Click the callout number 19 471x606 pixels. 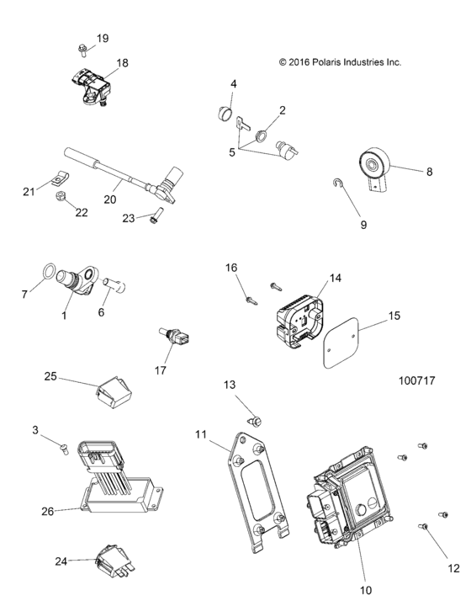(x=103, y=39)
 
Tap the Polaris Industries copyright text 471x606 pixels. (x=340, y=62)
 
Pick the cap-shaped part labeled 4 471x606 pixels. (x=225, y=114)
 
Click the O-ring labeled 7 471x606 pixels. (x=50, y=273)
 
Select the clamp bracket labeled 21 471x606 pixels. (x=58, y=178)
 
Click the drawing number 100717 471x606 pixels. (x=415, y=380)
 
